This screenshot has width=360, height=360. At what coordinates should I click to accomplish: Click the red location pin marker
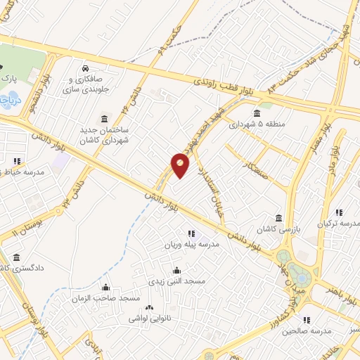[x=181, y=165]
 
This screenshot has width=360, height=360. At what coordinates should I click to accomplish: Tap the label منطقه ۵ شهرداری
[x=257, y=125]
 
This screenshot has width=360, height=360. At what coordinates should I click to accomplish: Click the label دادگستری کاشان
[x=21, y=268]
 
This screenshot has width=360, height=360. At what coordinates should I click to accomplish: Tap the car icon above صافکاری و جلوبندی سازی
[x=85, y=69]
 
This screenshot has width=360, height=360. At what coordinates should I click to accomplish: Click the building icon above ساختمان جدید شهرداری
[x=105, y=117]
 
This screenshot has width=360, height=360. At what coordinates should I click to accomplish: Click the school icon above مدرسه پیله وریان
[x=191, y=233]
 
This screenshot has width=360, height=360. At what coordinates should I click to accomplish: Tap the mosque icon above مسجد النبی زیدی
[x=176, y=270]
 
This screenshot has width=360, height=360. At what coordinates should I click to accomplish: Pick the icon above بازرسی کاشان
[x=279, y=217]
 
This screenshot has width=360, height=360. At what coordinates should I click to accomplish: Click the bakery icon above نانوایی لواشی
[x=148, y=307]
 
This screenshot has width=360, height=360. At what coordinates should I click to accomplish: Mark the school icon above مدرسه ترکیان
[x=339, y=212]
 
